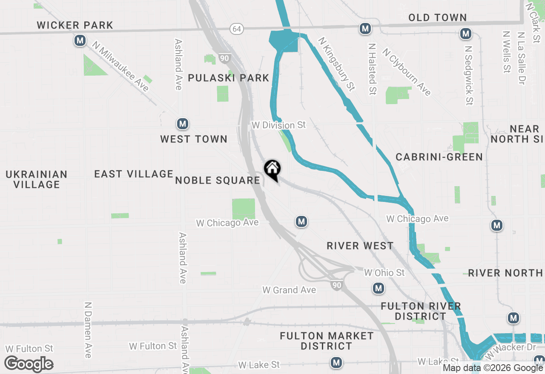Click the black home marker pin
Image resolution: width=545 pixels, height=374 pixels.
point(272,170)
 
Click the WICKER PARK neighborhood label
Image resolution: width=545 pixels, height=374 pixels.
point(75,25)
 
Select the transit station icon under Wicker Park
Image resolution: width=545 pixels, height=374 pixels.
point(80,41)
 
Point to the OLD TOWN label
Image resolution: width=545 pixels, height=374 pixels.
point(437,17)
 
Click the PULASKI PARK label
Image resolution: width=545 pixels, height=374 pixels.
point(229,78)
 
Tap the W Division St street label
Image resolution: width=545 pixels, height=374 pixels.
point(278,125)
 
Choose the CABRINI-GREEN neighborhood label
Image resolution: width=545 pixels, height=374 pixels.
point(439,157)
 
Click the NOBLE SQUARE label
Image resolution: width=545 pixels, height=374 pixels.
point(218,180)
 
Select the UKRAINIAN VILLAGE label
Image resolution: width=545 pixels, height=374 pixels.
point(37,179)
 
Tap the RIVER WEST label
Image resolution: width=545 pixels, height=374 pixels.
point(360,246)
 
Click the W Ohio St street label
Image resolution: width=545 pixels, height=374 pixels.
point(384,272)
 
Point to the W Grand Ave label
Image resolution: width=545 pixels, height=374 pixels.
point(289,290)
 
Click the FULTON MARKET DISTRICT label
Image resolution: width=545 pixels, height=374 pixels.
point(327,341)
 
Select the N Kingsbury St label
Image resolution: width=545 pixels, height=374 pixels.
point(337,64)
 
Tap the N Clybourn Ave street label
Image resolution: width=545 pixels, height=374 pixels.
point(407,72)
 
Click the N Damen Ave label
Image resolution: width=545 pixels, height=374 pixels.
point(88,330)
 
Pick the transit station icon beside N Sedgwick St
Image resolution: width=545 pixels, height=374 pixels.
point(466,34)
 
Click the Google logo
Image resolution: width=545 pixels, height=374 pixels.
point(29,364)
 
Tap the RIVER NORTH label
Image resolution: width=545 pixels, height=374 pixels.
point(505,273)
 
